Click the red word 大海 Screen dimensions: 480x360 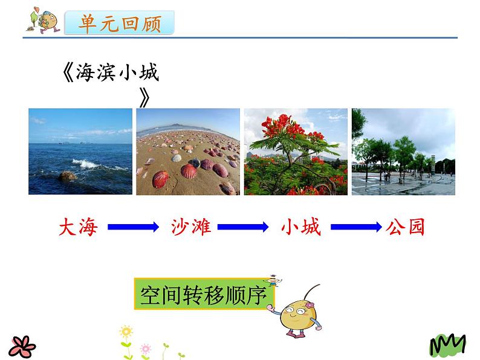point(78,227)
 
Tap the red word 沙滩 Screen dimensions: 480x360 point(191,227)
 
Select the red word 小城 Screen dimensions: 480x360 point(301,227)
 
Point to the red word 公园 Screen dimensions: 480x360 point(405,227)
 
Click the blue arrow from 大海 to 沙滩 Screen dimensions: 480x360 point(133,227)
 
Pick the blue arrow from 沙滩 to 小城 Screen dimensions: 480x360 point(243,227)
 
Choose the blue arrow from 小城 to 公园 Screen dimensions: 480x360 point(356,227)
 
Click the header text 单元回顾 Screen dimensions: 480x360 point(119,23)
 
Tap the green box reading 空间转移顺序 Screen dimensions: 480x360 point(204,294)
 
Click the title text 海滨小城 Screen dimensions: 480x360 point(117,72)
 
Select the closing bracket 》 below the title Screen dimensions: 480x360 point(144,98)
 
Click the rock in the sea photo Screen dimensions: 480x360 point(68,176)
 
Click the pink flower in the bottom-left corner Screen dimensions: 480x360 point(22,347)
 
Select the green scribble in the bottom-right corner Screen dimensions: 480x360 point(447,346)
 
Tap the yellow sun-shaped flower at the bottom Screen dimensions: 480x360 point(126,332)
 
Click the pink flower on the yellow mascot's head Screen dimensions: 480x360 point(310,305)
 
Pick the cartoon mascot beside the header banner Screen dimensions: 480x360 point(44,20)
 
